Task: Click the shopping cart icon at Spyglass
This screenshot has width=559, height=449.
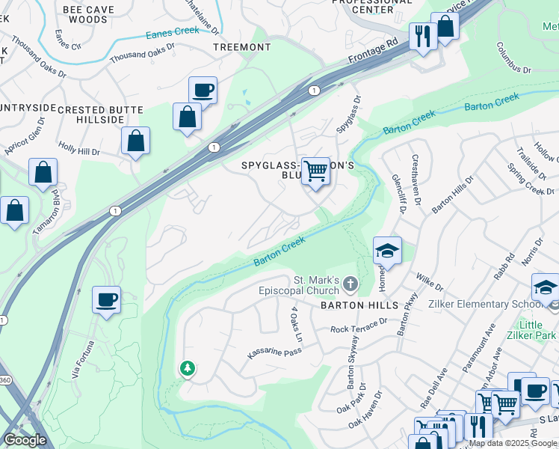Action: coord(316,171)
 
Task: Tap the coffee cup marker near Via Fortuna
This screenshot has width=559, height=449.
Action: coord(106,300)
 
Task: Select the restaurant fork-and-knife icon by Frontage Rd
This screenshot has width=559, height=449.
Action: coord(422,36)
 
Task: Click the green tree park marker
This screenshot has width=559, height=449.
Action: coord(187,368)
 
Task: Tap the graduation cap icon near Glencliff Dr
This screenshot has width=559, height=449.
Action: coord(387,251)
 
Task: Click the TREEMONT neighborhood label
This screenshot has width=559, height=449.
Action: coord(241,47)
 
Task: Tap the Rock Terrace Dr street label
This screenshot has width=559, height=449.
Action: coord(359,326)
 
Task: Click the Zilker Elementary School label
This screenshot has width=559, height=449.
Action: coord(484,305)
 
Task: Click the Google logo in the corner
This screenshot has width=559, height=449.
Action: coord(25,439)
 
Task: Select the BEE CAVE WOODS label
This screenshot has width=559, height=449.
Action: coord(85,14)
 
